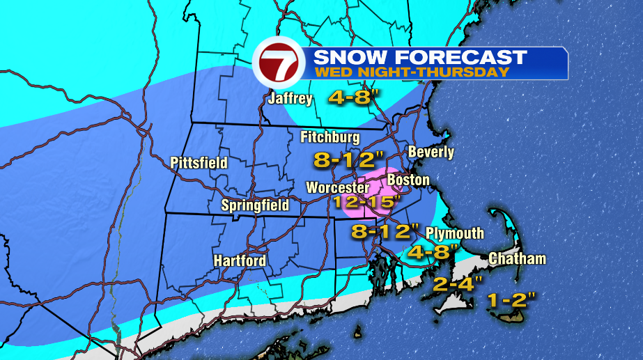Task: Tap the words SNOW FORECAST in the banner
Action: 420,56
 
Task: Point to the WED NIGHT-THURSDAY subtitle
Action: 411,72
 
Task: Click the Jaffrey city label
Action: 290,99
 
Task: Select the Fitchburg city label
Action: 330,137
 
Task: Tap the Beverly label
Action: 431,152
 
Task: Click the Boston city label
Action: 408,180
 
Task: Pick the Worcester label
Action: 337,188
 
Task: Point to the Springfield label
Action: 255,205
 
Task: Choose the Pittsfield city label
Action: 199,163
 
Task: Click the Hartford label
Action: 240,260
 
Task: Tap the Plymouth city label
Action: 455,233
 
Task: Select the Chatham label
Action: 517,259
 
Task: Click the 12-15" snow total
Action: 368,203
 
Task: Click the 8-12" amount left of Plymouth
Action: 385,230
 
